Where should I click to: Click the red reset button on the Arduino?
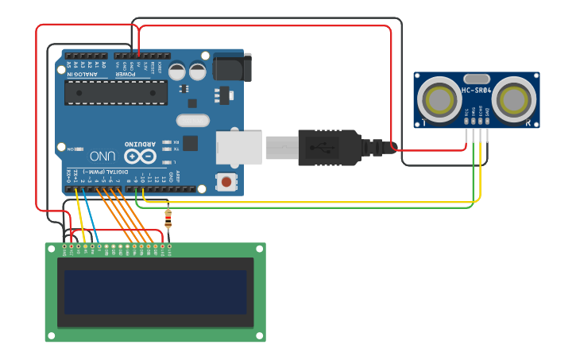click(226, 182)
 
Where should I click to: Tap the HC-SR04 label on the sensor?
click(476, 91)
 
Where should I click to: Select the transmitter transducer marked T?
click(438, 99)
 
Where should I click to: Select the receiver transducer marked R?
click(514, 99)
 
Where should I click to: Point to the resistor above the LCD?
click(167, 216)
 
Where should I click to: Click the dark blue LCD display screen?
click(156, 292)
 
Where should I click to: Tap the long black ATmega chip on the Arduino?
click(116, 92)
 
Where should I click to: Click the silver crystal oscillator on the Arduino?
click(192, 121)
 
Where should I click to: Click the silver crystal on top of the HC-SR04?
click(476, 79)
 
